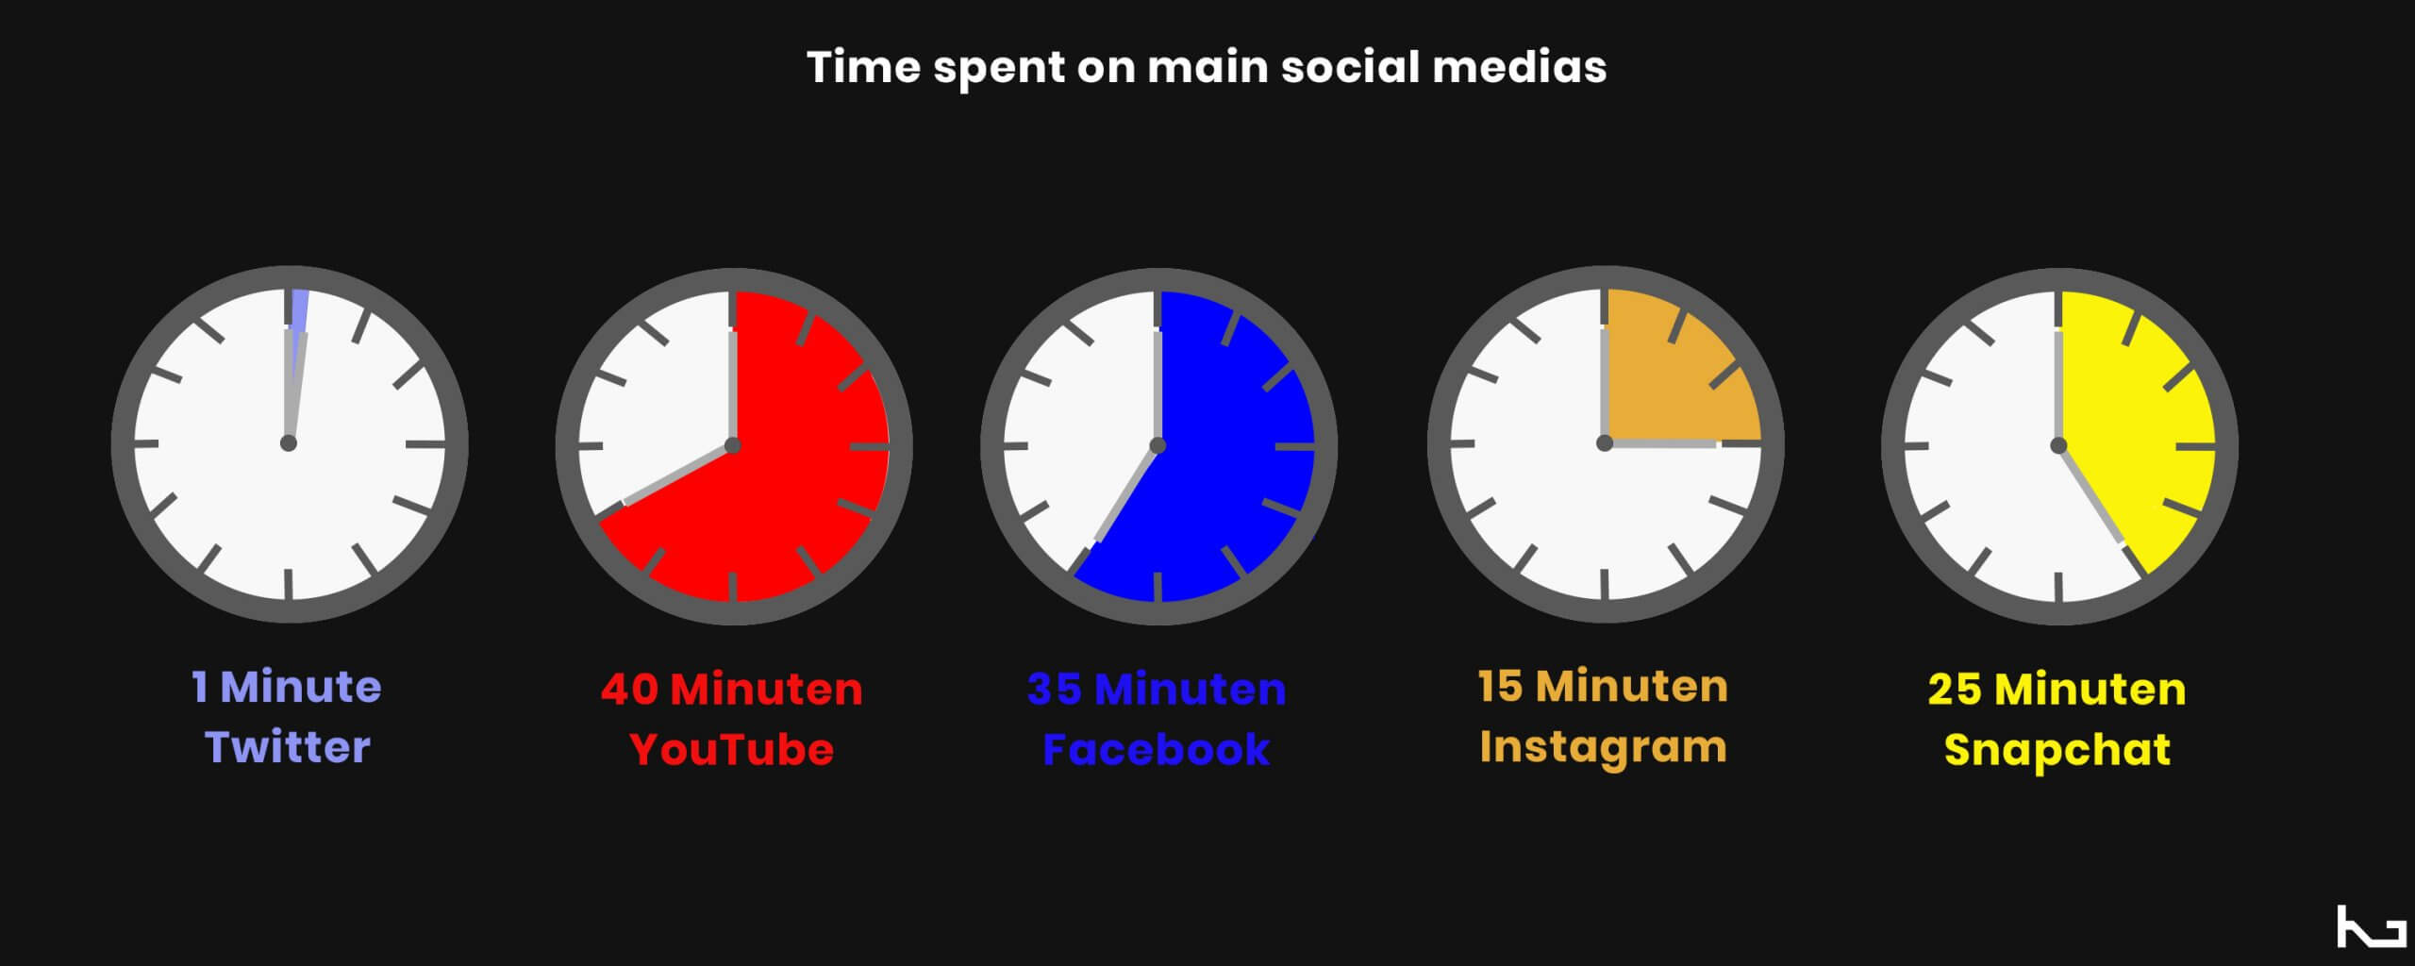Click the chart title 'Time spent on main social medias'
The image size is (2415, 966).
[1207, 68]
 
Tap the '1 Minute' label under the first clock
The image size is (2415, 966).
[287, 687]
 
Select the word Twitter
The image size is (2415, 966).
[288, 747]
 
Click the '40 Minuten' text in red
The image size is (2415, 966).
[732, 690]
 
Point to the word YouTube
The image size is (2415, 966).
[732, 750]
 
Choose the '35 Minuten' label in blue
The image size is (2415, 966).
[1157, 690]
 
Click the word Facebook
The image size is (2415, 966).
[1157, 750]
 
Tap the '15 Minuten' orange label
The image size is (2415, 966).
[1603, 687]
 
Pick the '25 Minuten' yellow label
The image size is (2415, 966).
[2057, 690]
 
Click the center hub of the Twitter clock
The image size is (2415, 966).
[289, 443]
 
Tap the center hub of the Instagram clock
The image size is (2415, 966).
[1604, 442]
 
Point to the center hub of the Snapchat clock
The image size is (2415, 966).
[2058, 445]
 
